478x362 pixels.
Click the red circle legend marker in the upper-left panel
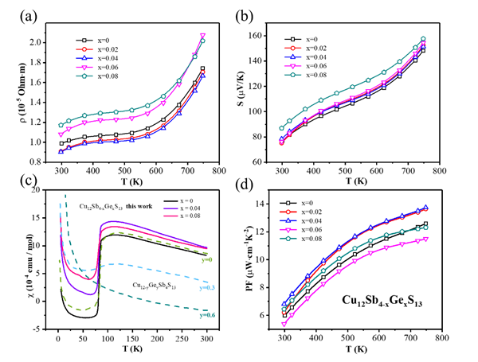click(x=84, y=49)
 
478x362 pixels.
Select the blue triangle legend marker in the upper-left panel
click(x=84, y=58)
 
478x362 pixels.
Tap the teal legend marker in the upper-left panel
click(x=84, y=76)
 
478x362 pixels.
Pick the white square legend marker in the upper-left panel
click(x=84, y=41)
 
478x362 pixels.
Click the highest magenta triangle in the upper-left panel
click(x=202, y=36)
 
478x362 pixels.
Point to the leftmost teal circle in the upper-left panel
click(x=61, y=125)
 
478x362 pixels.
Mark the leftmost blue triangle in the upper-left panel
click(x=61, y=151)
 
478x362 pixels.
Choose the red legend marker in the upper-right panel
click(x=292, y=49)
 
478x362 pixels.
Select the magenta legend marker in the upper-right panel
click(x=292, y=66)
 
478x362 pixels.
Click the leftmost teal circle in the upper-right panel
click(x=281, y=128)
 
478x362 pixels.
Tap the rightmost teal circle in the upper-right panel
click(x=423, y=39)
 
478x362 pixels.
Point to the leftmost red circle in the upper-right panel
click(x=281, y=142)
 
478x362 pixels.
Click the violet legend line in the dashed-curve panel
click(x=170, y=209)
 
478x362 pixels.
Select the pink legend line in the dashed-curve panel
click(x=170, y=216)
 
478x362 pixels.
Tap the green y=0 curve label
click(x=207, y=259)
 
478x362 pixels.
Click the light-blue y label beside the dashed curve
click(x=207, y=288)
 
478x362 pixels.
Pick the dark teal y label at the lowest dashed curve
click(x=207, y=315)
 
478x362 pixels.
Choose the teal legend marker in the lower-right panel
click(x=288, y=238)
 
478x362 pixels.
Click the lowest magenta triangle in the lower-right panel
click(x=284, y=324)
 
